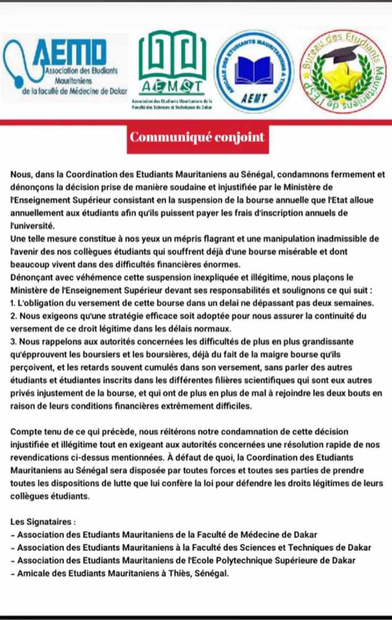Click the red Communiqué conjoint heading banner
(197, 138)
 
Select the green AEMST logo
(171, 69)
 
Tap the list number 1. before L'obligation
(13, 302)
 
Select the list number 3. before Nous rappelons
(13, 341)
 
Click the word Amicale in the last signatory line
(33, 572)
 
